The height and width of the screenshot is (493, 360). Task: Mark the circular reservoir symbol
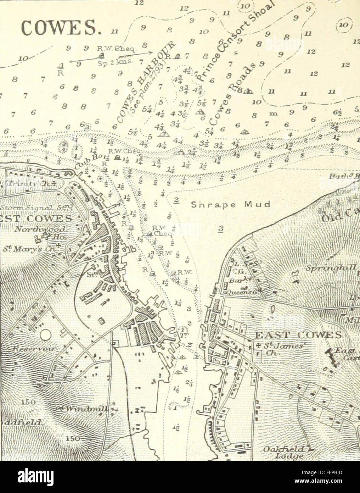[x=45, y=335]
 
